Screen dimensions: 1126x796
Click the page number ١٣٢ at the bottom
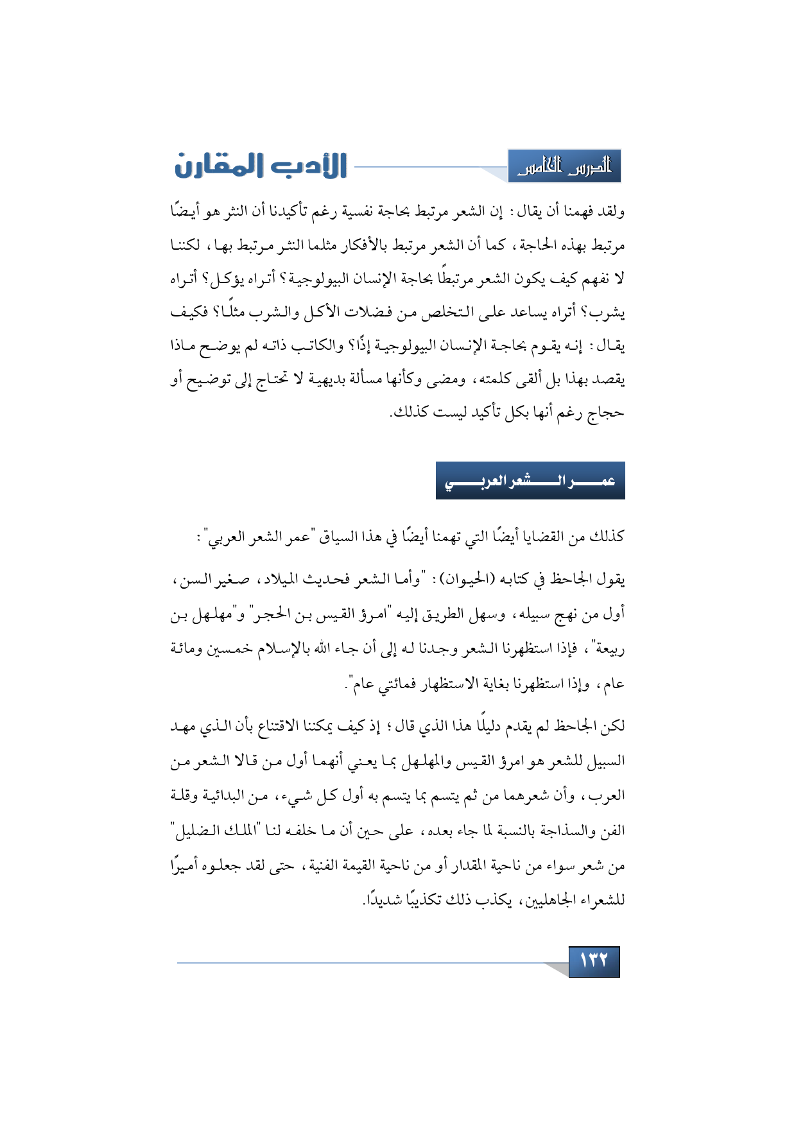[594, 961]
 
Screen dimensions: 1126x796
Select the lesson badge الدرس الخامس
[564, 167]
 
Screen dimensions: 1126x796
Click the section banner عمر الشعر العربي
[530, 481]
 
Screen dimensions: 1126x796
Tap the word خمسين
[228, 649]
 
